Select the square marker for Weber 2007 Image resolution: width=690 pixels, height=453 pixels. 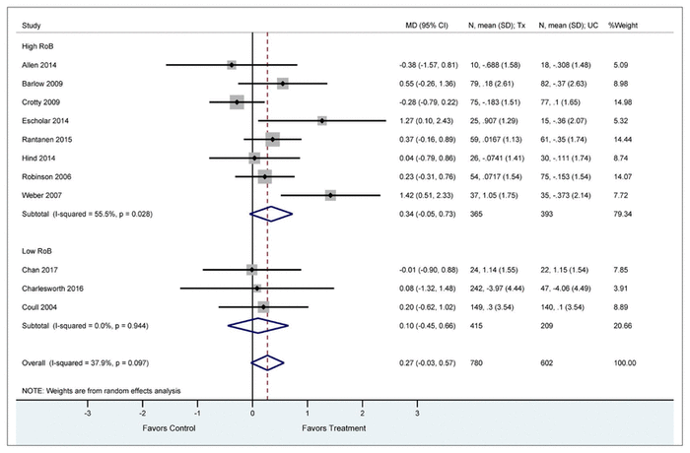click(330, 195)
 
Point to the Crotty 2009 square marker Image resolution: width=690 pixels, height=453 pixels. click(237, 102)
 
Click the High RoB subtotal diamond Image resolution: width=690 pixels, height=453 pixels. click(271, 213)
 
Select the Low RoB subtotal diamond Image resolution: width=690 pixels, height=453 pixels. click(258, 325)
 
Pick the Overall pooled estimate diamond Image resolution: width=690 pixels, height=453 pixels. click(267, 362)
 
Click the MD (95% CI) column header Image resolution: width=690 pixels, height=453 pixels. click(418, 22)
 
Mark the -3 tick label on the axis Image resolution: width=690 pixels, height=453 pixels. click(88, 415)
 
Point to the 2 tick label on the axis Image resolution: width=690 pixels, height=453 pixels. click(362, 415)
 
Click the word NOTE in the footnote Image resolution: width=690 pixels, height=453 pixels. click(33, 392)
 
